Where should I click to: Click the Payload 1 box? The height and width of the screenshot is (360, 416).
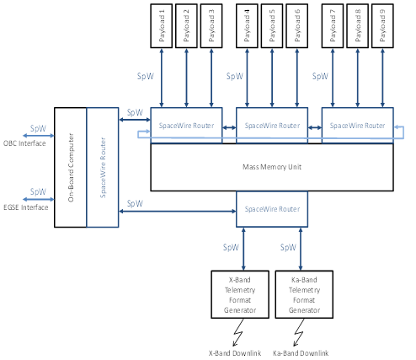tap(162, 26)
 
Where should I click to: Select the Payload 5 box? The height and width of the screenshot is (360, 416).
tap(272, 26)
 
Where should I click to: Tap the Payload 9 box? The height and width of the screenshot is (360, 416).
tap(382, 26)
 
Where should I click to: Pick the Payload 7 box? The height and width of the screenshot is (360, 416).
tap(333, 26)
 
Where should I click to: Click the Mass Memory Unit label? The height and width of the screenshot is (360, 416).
tap(272, 167)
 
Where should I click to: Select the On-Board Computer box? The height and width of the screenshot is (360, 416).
tap(71, 167)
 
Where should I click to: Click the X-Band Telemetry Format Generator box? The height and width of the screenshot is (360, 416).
tap(240, 294)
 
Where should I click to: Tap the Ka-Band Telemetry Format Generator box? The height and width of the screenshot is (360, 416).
tap(304, 294)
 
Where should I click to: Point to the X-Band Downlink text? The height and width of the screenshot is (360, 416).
tap(235, 353)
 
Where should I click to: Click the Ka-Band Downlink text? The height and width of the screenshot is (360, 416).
tap(301, 353)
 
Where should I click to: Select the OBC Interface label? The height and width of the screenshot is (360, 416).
tap(24, 143)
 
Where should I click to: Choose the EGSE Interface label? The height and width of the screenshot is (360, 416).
tap(26, 207)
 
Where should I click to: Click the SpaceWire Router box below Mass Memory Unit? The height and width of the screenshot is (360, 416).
tap(272, 209)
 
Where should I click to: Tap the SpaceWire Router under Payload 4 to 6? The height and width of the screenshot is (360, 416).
tap(272, 126)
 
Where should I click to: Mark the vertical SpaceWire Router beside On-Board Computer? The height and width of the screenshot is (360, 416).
tap(103, 167)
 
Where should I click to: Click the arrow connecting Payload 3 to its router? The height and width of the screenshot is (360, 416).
tap(211, 78)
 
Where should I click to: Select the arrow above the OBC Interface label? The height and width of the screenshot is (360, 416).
tap(38, 136)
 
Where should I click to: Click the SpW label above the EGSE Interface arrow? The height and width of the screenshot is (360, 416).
tap(38, 192)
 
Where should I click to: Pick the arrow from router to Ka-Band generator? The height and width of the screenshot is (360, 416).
tap(301, 249)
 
